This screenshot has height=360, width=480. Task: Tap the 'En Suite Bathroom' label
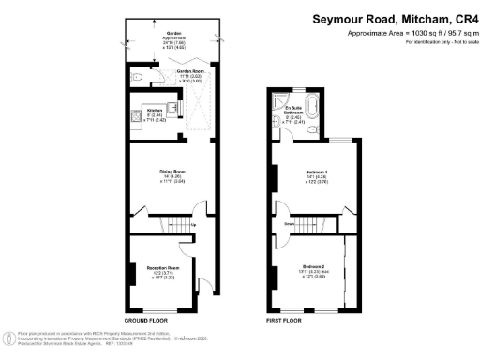(x=298, y=110)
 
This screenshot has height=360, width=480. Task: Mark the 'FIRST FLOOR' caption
(x=282, y=320)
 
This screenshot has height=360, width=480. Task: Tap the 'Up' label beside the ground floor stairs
(x=194, y=225)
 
